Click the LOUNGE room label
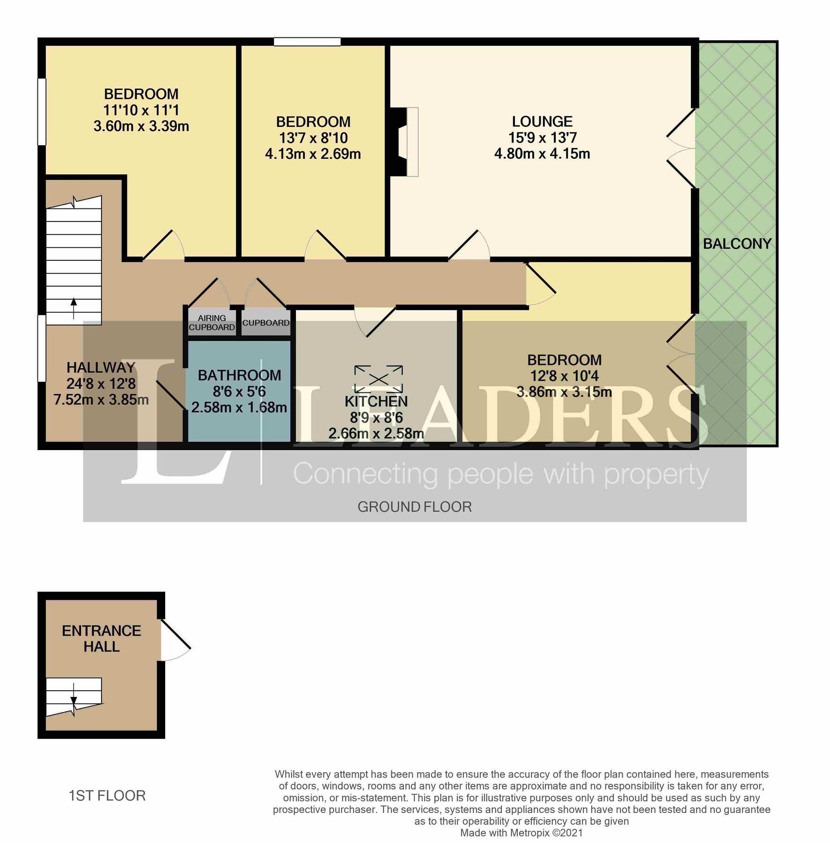542,122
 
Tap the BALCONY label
737,244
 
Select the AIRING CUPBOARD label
212,323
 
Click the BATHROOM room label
239,375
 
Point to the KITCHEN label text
376,401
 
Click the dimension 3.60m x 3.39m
141,126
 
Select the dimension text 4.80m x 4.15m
542,154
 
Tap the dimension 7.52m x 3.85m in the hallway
101,399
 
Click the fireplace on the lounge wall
405,142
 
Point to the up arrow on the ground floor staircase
73,307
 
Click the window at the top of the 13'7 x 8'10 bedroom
307,42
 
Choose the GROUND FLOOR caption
414,507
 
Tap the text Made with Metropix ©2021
522,833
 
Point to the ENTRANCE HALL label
101,638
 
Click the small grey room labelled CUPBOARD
265,323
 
